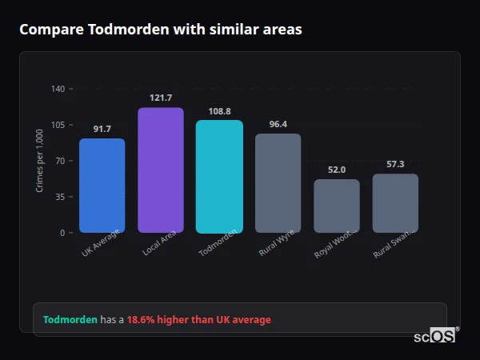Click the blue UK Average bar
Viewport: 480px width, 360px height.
102,186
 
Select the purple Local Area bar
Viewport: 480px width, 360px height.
161,170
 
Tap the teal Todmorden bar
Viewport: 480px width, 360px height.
219,177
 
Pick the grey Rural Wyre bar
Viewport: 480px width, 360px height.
278,183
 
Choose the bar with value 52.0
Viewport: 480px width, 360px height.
337,206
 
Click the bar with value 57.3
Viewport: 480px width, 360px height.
395,203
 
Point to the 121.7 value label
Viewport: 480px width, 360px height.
161,98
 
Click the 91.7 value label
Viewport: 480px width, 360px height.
102,129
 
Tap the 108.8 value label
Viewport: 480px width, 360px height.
219,111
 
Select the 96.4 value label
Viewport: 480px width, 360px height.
278,124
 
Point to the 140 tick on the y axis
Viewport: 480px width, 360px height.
58,89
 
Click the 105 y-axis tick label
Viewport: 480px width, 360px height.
58,125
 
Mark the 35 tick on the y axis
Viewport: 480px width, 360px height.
60,197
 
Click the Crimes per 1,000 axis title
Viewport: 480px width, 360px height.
40,161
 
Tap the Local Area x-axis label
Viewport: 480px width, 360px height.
159,244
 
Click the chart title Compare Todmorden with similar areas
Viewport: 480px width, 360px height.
161,30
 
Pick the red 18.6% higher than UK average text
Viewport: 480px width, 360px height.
198,319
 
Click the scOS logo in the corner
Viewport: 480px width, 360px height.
435,336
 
